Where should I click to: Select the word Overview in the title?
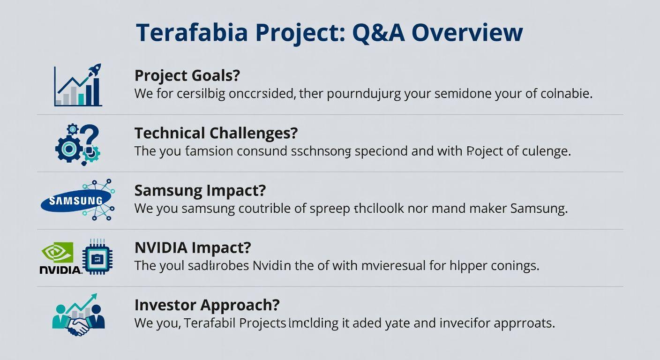click(467, 33)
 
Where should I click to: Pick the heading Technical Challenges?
click(216, 133)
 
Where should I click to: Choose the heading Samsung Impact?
click(200, 190)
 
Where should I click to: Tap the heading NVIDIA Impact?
click(193, 247)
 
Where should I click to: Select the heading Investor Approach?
click(207, 305)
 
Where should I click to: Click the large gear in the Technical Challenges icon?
click(69, 149)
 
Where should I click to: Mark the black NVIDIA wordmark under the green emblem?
click(60, 270)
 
